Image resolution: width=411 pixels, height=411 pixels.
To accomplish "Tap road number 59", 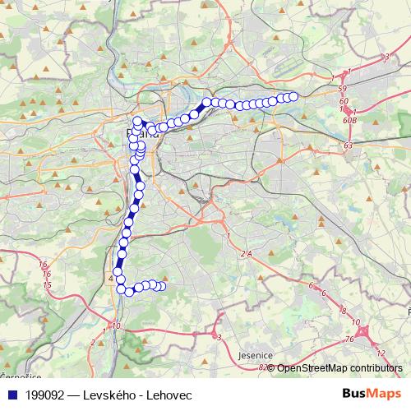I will point(343,87).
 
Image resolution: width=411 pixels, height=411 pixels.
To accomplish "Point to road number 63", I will point(349,145).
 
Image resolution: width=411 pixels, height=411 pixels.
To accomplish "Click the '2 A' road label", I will point(245,255).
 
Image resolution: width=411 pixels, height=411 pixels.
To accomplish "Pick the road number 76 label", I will point(349,339).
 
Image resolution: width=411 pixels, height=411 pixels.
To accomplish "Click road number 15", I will point(47,284).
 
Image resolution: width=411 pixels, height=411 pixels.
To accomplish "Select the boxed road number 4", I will point(111,279).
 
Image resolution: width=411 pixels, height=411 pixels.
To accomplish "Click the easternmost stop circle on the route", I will point(293,96).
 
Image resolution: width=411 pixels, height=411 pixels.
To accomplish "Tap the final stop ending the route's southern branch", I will point(162,286).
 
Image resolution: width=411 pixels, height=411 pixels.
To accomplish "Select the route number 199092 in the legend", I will point(48,395).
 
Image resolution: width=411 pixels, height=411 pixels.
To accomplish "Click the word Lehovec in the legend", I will point(178,395).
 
